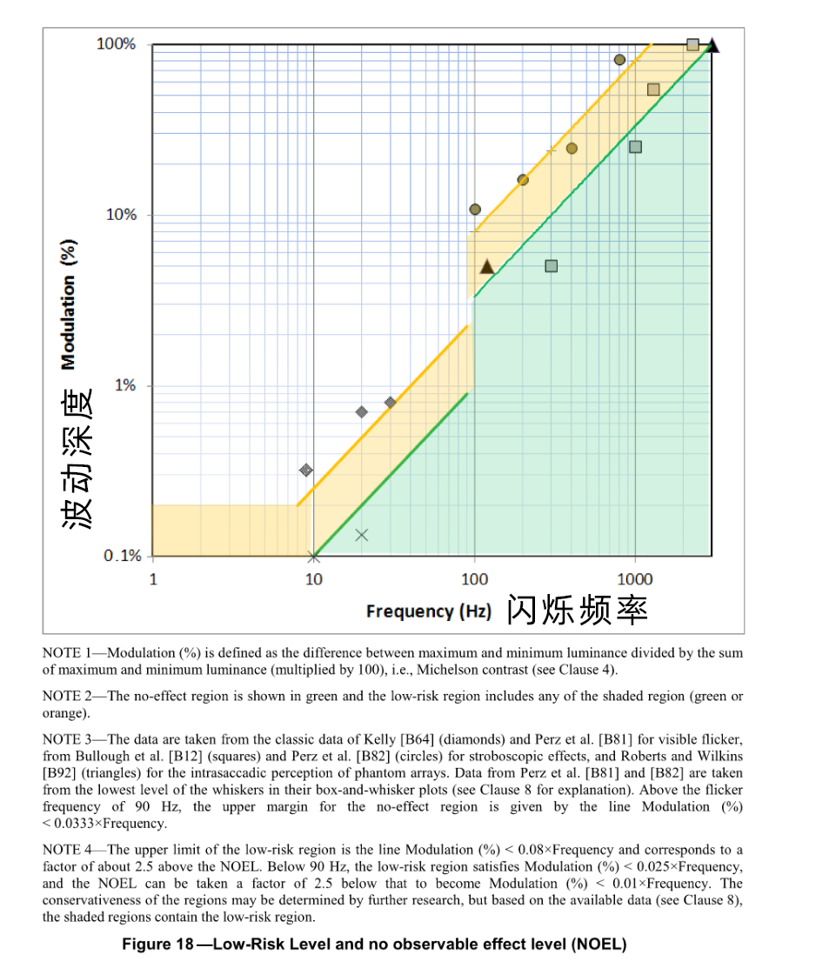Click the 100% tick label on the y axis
(x=116, y=43)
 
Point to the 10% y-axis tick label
(x=121, y=215)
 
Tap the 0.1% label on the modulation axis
(x=122, y=556)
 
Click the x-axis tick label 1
(x=153, y=579)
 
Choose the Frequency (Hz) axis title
(x=428, y=611)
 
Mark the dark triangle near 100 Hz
(x=487, y=267)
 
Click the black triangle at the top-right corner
(x=712, y=45)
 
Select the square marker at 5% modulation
(x=551, y=266)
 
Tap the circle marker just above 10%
(x=475, y=209)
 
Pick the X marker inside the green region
(x=362, y=535)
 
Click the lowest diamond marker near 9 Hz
(x=305, y=470)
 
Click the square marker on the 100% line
(x=692, y=44)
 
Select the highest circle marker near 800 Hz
(x=619, y=60)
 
